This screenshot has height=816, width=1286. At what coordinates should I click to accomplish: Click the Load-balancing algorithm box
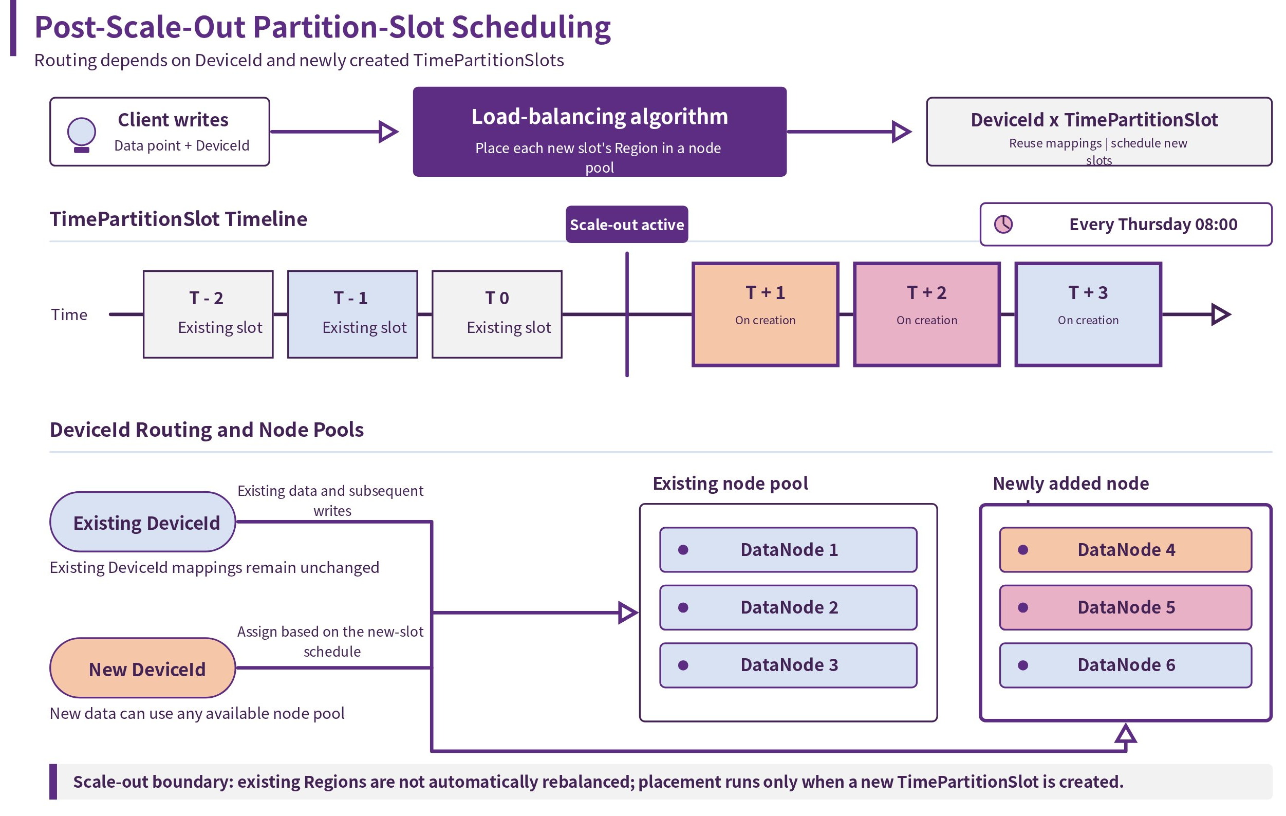599,132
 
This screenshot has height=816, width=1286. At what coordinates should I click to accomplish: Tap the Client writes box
160,132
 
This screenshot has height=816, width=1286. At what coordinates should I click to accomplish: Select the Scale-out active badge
626,224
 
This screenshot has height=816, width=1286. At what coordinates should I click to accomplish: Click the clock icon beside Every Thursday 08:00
1003,224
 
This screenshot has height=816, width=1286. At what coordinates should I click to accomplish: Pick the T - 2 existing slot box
208,314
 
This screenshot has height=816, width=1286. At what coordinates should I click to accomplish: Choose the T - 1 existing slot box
352,314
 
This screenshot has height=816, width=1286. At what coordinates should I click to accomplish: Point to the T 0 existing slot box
497,314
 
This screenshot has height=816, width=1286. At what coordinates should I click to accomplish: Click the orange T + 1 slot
766,314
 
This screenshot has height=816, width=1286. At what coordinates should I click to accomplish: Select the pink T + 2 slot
926,314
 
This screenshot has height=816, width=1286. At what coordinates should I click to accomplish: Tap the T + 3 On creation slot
1088,314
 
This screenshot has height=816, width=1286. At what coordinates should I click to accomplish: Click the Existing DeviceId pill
143,522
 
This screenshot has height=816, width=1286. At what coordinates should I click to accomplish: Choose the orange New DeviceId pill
143,667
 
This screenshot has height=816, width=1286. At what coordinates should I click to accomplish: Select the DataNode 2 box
788,607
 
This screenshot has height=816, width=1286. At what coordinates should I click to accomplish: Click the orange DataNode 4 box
1125,549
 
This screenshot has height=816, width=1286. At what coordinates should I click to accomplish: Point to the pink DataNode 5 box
1125,607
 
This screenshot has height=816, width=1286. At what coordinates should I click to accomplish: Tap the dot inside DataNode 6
1023,665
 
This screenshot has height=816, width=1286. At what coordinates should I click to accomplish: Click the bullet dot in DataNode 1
682,549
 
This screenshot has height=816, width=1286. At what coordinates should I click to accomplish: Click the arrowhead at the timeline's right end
1221,314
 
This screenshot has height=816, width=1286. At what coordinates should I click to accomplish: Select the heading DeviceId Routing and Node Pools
207,430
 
